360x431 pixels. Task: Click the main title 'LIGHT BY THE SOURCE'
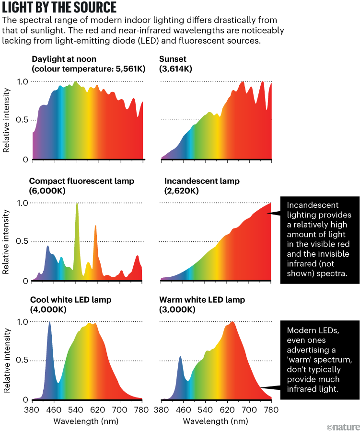(x=59, y=8)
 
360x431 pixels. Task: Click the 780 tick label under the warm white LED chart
(x=271, y=410)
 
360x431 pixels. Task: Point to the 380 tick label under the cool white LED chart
(x=32, y=410)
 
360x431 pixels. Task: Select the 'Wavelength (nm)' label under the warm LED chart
(x=216, y=421)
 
